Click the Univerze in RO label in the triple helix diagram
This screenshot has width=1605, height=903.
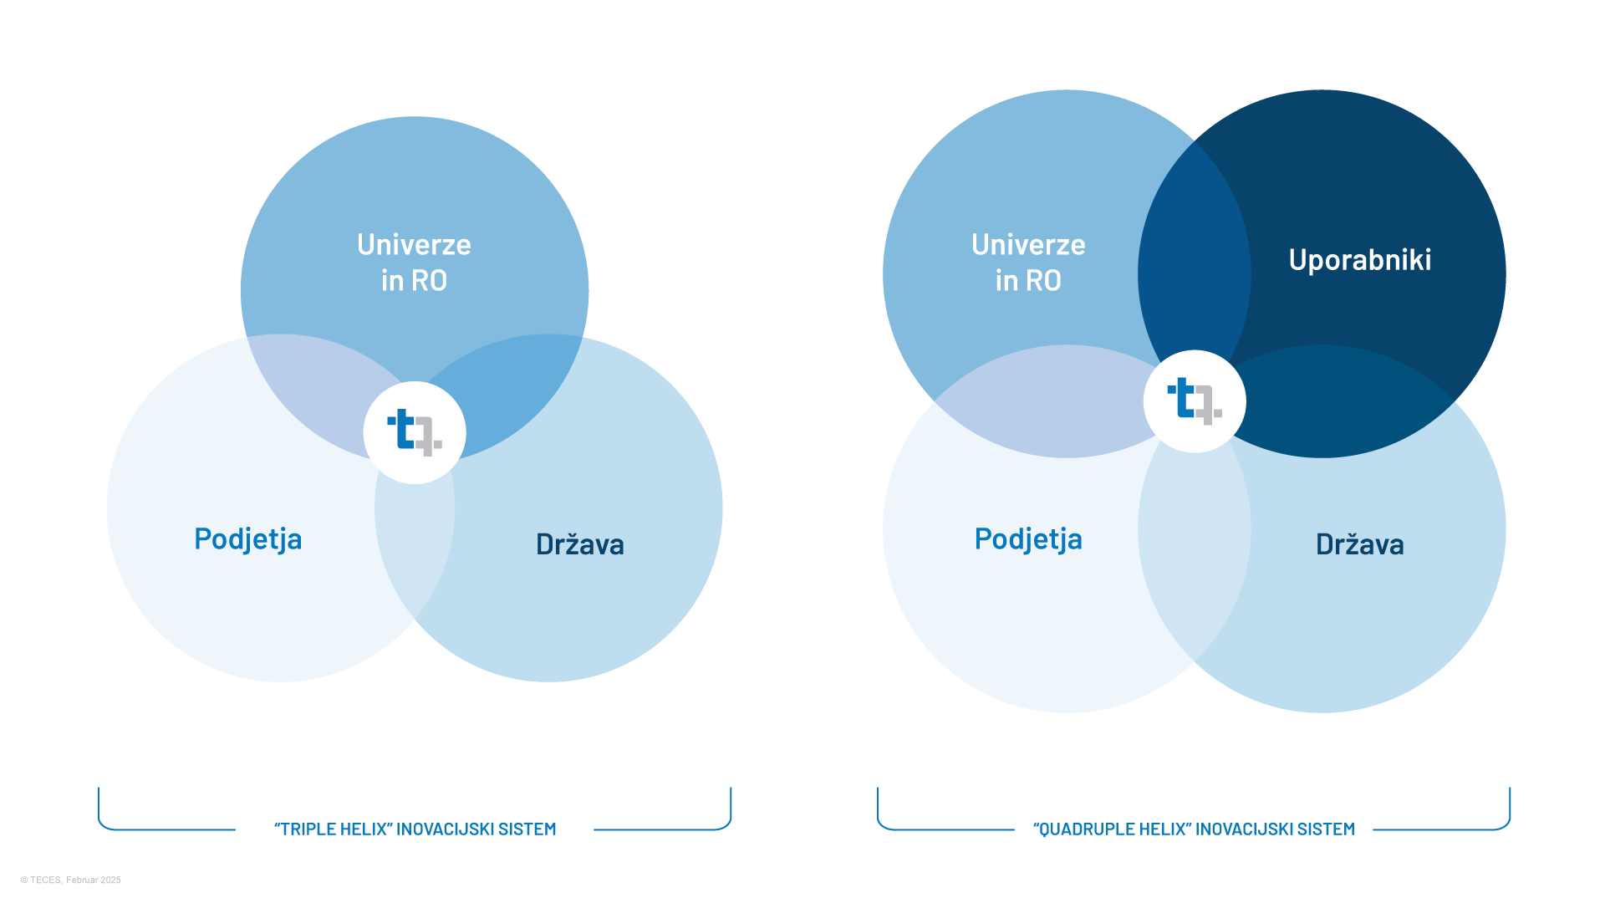(414, 262)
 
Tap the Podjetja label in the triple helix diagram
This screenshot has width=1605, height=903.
(247, 539)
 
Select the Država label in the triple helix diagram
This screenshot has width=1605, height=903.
(579, 544)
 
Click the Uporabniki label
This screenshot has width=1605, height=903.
(1359, 260)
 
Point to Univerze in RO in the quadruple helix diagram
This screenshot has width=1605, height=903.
(1028, 262)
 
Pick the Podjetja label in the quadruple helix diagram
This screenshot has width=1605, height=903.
(1028, 539)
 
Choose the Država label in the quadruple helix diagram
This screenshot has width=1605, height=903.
(1359, 544)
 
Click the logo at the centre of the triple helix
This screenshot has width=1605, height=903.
(415, 432)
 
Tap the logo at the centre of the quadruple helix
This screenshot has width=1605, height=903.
(1195, 401)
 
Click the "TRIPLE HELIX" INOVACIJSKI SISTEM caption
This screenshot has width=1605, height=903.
(415, 829)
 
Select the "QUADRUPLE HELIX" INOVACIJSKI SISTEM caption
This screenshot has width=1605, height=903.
(1194, 829)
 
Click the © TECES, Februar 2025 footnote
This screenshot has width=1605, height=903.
(71, 880)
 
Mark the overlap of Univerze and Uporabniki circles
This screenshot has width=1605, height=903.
(1194, 251)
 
